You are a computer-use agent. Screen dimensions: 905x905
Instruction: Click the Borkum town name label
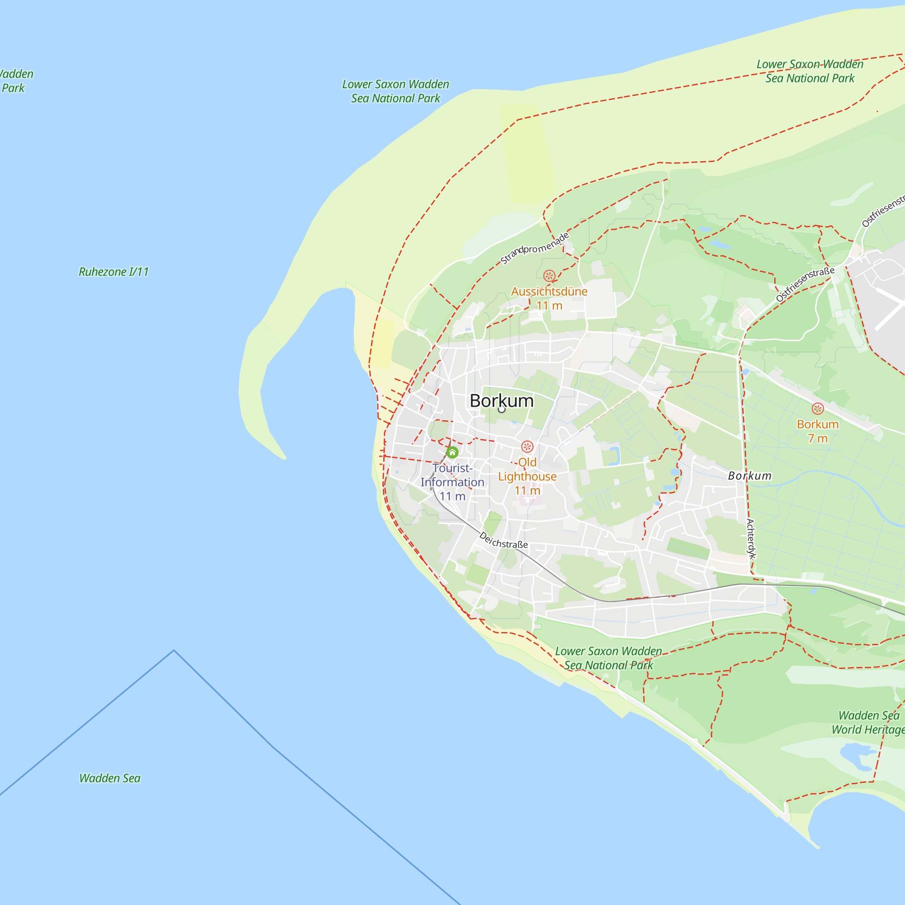(501, 401)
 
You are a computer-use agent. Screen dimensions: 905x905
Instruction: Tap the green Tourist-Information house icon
(452, 452)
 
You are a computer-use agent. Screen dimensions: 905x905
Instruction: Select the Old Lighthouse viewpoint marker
(528, 447)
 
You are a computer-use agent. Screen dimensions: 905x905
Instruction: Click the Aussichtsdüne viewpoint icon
(549, 276)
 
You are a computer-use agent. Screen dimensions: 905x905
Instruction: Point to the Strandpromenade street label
(534, 248)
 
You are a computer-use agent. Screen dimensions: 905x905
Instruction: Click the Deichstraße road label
(504, 541)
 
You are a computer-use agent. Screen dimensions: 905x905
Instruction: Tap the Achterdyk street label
(751, 538)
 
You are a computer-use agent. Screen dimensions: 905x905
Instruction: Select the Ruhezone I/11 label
(114, 271)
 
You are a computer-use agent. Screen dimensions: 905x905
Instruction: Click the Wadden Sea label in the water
(110, 778)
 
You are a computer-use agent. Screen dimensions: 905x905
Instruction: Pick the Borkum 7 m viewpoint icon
(817, 409)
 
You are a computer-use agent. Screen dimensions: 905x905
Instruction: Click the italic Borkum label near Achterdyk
(749, 476)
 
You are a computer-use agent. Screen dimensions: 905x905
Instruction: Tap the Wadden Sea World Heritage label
(868, 722)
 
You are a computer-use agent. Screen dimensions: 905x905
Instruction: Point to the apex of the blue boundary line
(174, 650)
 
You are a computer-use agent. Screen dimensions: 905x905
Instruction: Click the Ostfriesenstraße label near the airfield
(805, 284)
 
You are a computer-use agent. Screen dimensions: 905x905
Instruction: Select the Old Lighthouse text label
(527, 469)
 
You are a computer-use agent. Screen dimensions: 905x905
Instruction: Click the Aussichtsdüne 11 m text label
(549, 298)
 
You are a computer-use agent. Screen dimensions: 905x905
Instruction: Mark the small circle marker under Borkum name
(502, 410)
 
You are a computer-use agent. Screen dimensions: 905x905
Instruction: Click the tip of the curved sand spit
(284, 458)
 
